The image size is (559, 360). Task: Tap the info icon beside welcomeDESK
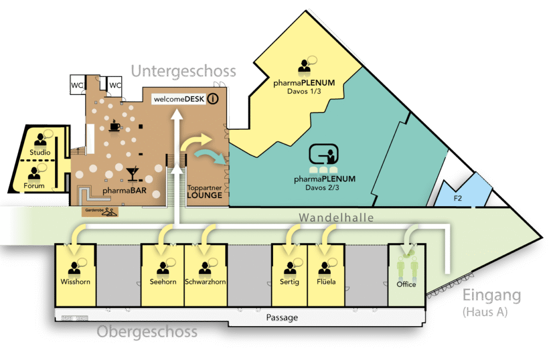213,99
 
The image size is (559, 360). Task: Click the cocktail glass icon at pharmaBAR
132,173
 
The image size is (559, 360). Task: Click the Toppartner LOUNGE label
205,191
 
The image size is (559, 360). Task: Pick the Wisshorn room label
75,282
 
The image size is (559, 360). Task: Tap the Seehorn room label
163,282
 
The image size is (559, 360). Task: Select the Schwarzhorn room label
205,282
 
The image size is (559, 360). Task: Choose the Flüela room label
325,282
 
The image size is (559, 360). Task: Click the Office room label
406,284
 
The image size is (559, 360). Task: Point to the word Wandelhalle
336,218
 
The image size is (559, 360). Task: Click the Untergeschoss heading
183,71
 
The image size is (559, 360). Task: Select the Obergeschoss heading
147,332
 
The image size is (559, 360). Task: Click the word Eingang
491,296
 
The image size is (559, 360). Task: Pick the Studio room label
40,152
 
